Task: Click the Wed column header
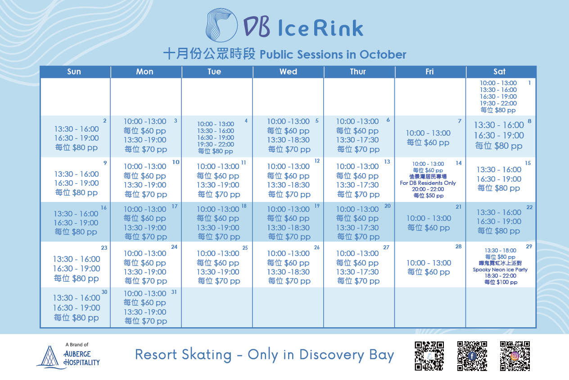pyautogui.click(x=288, y=72)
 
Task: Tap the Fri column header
pyautogui.click(x=429, y=72)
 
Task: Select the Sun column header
pyautogui.click(x=74, y=72)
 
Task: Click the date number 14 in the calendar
pyautogui.click(x=458, y=163)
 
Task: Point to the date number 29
pyautogui.click(x=529, y=247)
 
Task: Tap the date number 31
pyautogui.click(x=174, y=292)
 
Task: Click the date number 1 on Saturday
pyautogui.click(x=529, y=83)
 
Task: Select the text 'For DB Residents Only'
pyautogui.click(x=428, y=183)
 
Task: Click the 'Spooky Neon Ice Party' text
pyautogui.click(x=500, y=270)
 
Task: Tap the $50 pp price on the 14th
pyautogui.click(x=434, y=196)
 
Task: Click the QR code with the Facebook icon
pyautogui.click(x=472, y=356)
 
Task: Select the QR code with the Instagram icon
pyautogui.click(x=515, y=356)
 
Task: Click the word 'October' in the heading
pyautogui.click(x=383, y=55)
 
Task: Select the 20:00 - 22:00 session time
pyautogui.click(x=428, y=189)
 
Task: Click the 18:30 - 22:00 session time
pyautogui.click(x=500, y=276)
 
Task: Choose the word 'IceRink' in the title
pyautogui.click(x=321, y=28)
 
